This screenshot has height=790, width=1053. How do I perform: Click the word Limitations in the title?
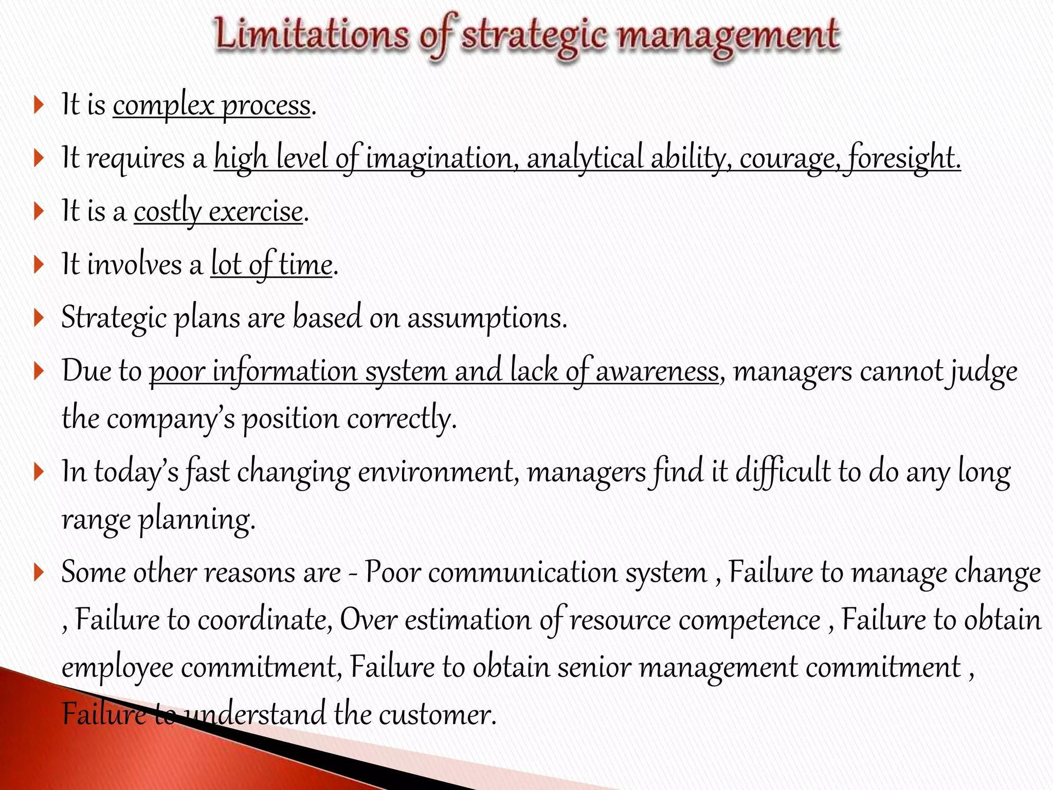point(311,34)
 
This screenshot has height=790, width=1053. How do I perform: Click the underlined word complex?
point(164,106)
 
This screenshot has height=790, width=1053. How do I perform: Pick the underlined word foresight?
point(904,158)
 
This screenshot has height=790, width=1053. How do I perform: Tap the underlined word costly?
point(168,212)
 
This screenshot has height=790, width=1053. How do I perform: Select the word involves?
point(135,265)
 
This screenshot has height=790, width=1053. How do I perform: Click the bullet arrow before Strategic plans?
point(39,318)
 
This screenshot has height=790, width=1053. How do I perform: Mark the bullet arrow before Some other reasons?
point(39,572)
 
